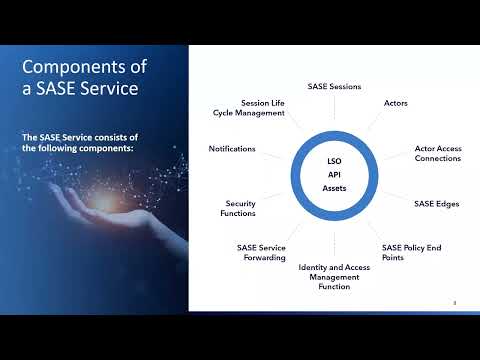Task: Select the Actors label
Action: (395, 103)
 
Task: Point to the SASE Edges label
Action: (436, 203)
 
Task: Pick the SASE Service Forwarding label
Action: (261, 251)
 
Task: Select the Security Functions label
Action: (240, 208)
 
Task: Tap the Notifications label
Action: (232, 149)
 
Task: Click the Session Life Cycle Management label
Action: (263, 107)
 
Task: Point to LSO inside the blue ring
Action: (335, 159)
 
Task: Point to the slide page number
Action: (455, 302)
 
